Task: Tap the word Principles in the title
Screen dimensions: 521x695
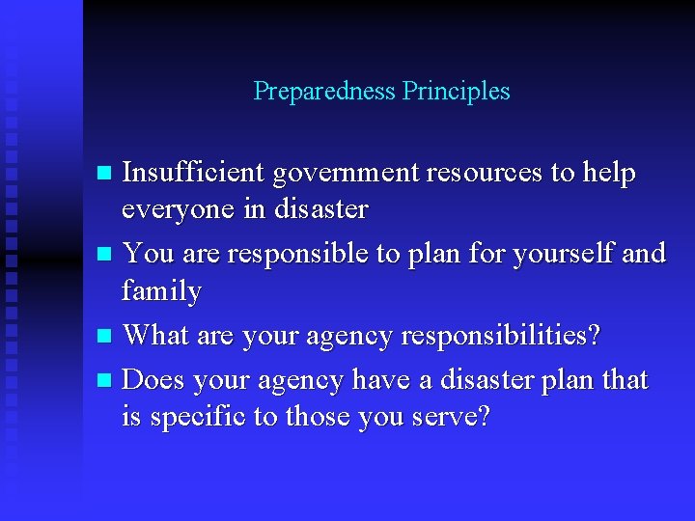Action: (457, 92)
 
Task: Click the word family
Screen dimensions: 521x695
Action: (162, 291)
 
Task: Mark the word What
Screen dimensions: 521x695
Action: (155, 335)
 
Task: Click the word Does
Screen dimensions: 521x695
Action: (154, 380)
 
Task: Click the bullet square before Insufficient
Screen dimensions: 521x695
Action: (106, 175)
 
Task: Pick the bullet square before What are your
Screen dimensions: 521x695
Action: (106, 337)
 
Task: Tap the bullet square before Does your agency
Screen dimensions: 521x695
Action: (106, 381)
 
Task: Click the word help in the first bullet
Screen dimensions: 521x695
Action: (609, 174)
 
